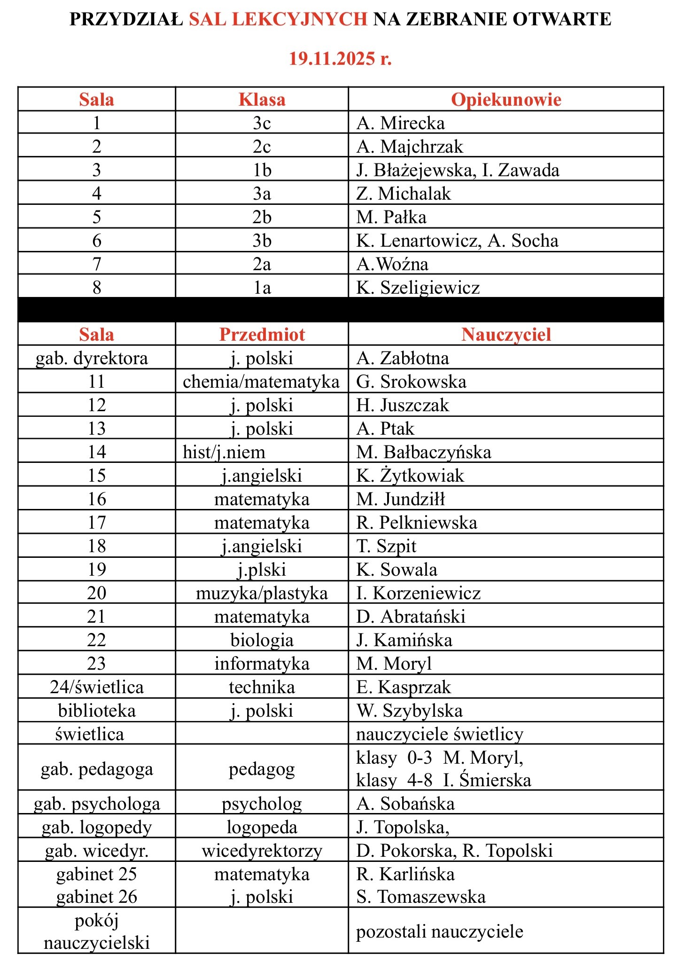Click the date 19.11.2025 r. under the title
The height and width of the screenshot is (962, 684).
(340, 59)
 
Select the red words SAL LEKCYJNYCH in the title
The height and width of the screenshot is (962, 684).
(278, 19)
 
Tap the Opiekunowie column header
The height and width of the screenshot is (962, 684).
(506, 100)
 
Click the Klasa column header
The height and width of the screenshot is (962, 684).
(262, 100)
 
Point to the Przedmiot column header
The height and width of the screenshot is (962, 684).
(262, 335)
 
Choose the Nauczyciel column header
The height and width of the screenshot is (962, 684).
(506, 335)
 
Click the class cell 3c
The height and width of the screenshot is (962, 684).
(262, 123)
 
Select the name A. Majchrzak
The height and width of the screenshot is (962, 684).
(410, 147)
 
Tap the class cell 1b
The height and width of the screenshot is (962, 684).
(262, 170)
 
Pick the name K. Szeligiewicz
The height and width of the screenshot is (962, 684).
(418, 288)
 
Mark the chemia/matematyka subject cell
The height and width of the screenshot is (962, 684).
(261, 382)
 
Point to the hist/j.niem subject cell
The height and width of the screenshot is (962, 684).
(224, 452)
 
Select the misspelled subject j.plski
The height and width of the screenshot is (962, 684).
(262, 570)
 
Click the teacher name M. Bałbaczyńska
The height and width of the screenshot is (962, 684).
(424, 452)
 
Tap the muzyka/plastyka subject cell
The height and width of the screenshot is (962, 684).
(262, 593)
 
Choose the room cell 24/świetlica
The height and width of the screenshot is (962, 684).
(97, 687)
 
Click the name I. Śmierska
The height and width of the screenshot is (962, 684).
(487, 780)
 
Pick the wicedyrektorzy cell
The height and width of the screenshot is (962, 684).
(262, 851)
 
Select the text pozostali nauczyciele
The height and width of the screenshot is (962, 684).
(440, 931)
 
